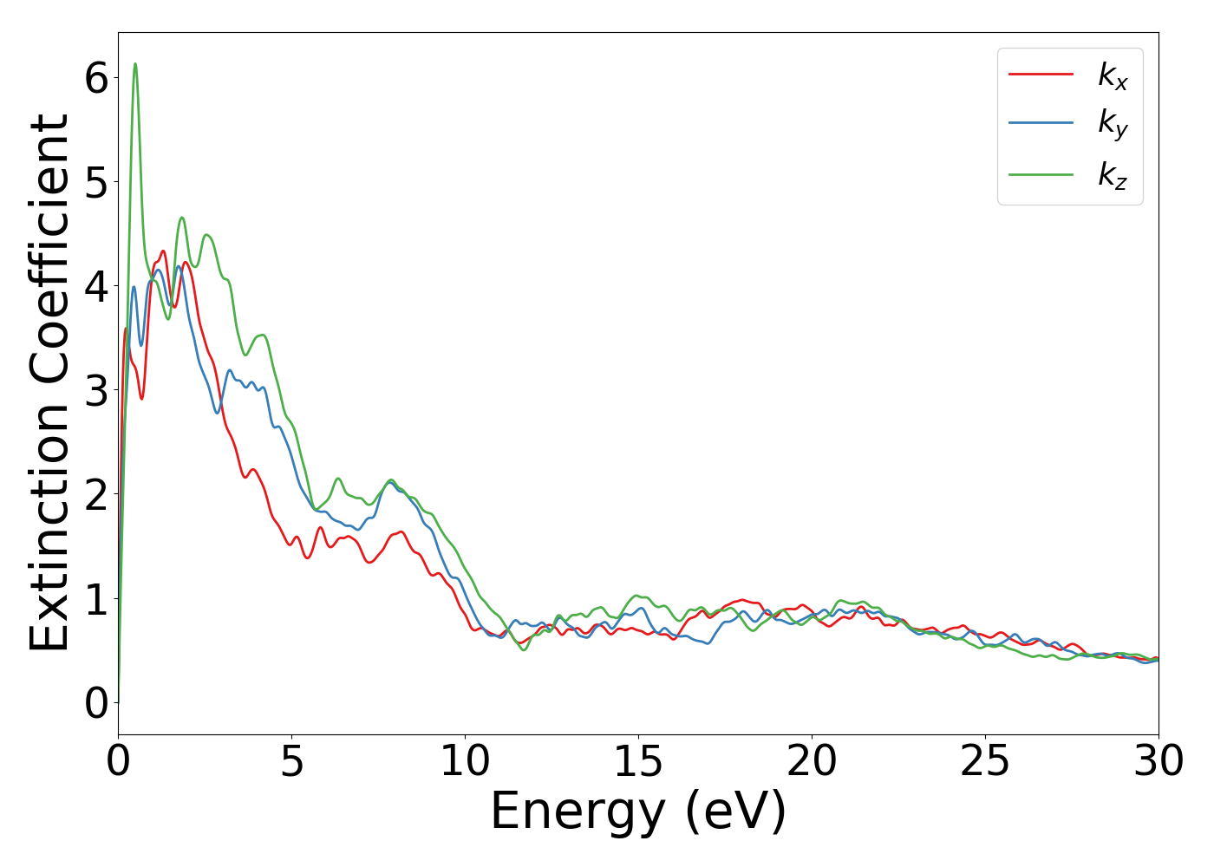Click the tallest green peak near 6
(x=135, y=64)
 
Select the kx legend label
(x=1113, y=76)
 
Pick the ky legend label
(x=1113, y=124)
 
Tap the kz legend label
(x=1113, y=175)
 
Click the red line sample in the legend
(x=1041, y=75)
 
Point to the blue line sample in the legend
(x=1041, y=124)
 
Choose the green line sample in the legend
(x=1041, y=174)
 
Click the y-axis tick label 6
(x=96, y=79)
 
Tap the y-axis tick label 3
(x=96, y=391)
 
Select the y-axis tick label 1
(x=96, y=599)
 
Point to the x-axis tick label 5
(x=292, y=762)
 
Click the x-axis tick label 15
(x=638, y=762)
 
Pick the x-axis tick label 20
(x=812, y=762)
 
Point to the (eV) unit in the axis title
(x=735, y=813)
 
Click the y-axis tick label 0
(x=96, y=703)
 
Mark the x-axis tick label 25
(x=985, y=762)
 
